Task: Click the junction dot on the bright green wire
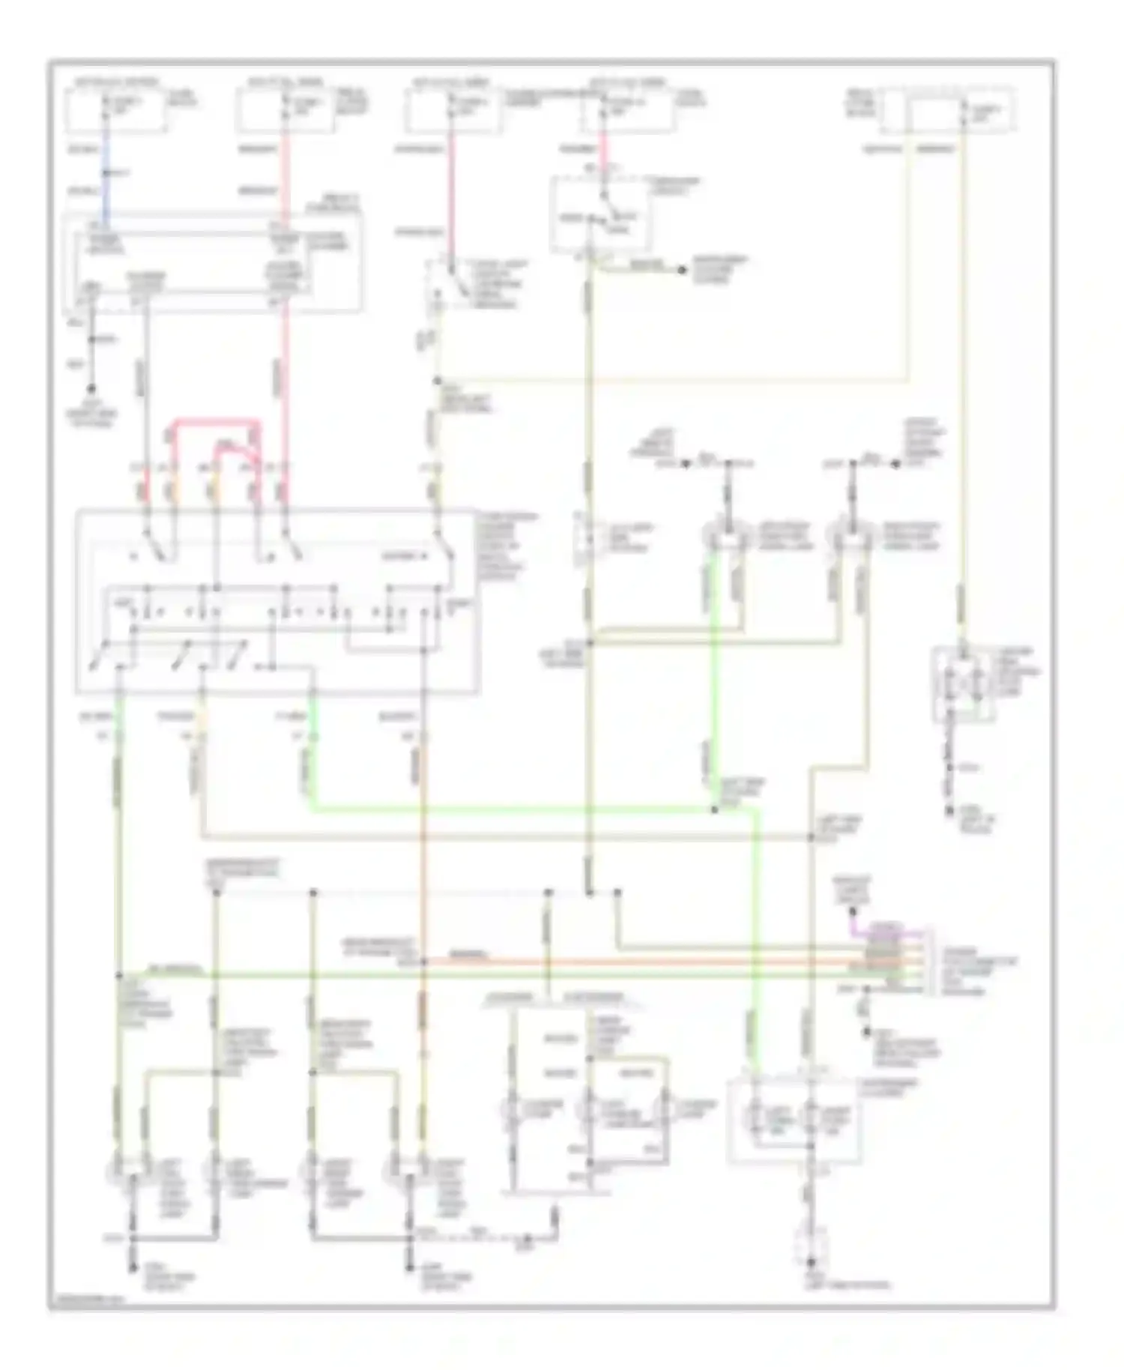[x=714, y=810]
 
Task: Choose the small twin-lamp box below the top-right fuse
[x=963, y=684]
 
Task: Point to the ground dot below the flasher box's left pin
[x=92, y=389]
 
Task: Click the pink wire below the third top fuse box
[x=451, y=187]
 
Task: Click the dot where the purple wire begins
[x=852, y=912]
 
